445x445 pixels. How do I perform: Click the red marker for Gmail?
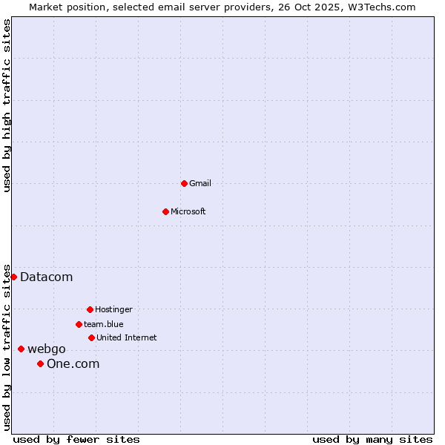184,183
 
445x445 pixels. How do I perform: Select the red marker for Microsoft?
166,211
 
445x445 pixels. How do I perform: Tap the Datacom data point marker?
13,277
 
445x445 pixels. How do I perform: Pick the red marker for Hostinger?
90,309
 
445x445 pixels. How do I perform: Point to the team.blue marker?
79,324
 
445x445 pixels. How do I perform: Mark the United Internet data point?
91,337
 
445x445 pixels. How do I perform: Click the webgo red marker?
21,349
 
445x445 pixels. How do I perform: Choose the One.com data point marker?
40,363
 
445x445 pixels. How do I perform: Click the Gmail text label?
200,183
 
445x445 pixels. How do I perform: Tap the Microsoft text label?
188,211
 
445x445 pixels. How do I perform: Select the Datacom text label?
46,277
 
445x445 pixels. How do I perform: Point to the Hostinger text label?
113,309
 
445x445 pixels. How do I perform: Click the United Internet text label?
126,337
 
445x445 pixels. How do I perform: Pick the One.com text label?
73,363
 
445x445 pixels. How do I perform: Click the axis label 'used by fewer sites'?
76,439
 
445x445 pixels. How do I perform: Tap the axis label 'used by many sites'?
372,439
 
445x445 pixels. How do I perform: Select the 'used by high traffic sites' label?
7,105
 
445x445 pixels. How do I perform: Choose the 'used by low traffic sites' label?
7,346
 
